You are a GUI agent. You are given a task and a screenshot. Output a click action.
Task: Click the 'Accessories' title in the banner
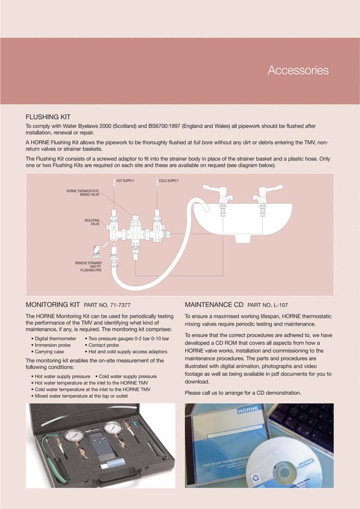pos(297,71)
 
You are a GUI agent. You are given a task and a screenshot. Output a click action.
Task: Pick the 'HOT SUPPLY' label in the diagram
pos(125,181)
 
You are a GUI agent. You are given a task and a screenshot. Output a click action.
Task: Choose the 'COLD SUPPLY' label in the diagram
pos(168,181)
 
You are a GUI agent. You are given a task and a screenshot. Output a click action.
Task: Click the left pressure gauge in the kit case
pos(73,437)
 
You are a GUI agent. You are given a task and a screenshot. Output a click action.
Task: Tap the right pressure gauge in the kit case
pos(113,430)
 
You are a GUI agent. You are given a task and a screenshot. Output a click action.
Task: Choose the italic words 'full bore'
pos(205,143)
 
